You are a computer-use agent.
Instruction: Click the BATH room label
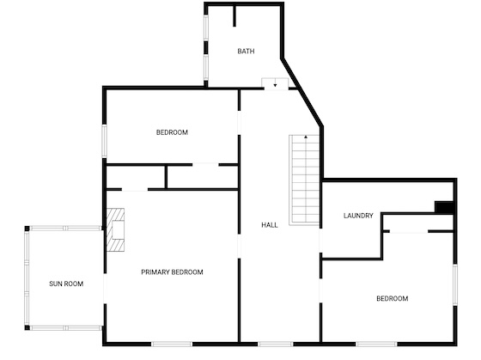(246, 52)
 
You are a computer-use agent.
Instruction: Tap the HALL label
(270, 225)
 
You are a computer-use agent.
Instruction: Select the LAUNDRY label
(358, 216)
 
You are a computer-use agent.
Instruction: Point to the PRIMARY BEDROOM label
(172, 272)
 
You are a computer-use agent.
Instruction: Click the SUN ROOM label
(66, 284)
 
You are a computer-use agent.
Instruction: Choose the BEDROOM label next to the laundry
(393, 299)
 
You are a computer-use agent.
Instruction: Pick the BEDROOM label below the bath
(172, 132)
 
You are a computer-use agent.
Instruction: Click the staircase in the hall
(304, 180)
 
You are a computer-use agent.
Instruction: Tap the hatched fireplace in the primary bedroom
(115, 230)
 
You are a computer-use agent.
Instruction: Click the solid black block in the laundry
(444, 207)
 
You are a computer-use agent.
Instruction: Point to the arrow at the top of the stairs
(306, 137)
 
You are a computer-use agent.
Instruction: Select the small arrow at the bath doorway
(275, 85)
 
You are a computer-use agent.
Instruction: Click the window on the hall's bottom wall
(275, 345)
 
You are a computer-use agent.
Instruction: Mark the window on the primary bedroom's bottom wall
(172, 345)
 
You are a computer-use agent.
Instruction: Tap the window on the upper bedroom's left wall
(104, 141)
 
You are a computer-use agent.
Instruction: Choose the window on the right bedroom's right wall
(455, 284)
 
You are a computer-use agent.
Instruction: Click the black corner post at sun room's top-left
(27, 229)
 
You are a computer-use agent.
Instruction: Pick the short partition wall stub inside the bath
(234, 15)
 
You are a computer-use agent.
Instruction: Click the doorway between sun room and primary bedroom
(105, 289)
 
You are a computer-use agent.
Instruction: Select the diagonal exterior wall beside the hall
(302, 92)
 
